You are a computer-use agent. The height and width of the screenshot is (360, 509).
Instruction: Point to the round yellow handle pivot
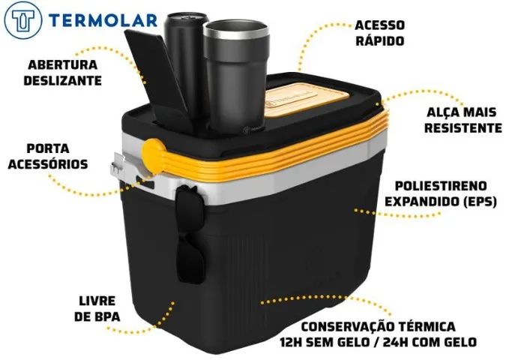[x=154, y=155]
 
